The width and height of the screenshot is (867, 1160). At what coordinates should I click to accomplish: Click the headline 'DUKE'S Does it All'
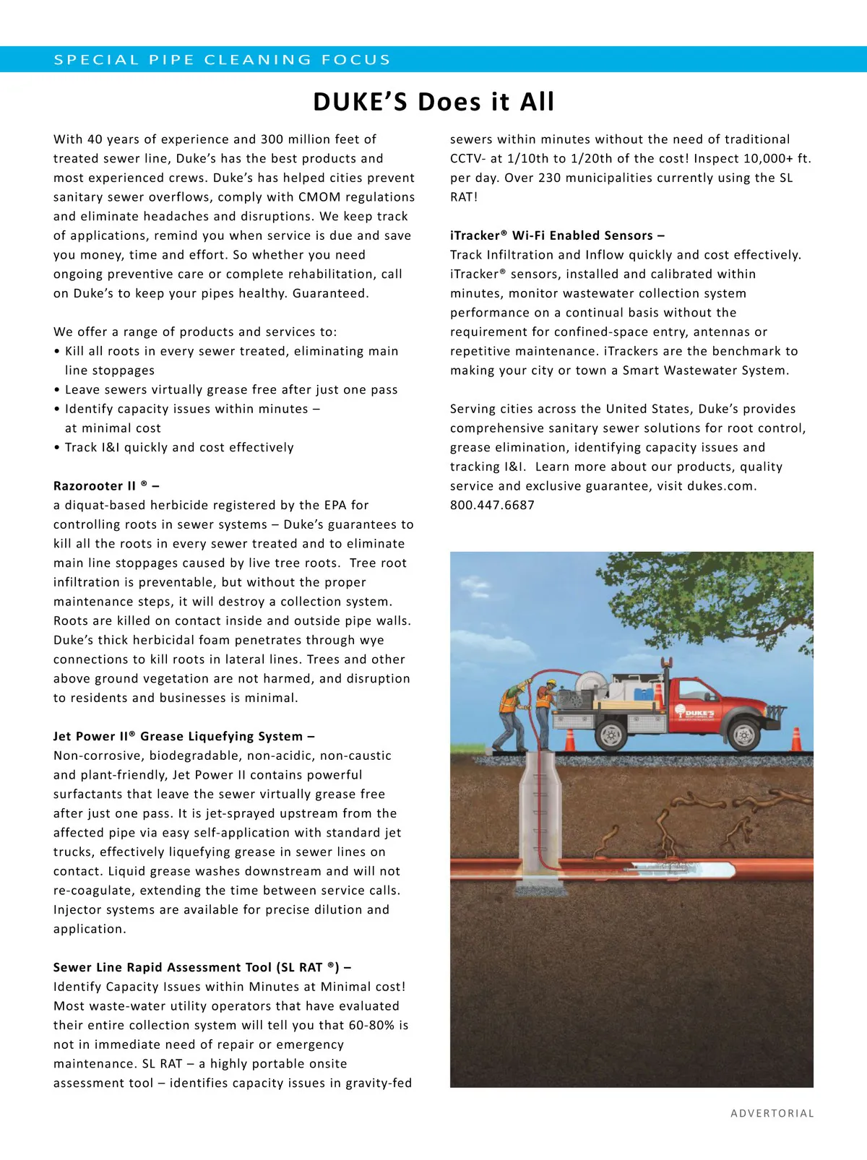click(433, 102)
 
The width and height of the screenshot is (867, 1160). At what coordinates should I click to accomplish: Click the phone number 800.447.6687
click(492, 506)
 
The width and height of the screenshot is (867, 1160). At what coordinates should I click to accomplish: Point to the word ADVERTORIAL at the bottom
click(772, 1113)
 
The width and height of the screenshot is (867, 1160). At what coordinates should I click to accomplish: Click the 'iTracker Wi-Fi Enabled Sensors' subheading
click(556, 235)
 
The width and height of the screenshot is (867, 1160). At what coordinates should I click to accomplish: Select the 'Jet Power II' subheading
click(184, 737)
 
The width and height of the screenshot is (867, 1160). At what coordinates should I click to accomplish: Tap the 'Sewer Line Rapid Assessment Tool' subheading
click(202, 968)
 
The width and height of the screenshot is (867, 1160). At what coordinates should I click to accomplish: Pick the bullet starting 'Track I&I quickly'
click(178, 448)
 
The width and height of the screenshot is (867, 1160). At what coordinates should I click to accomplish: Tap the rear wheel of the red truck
click(611, 735)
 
